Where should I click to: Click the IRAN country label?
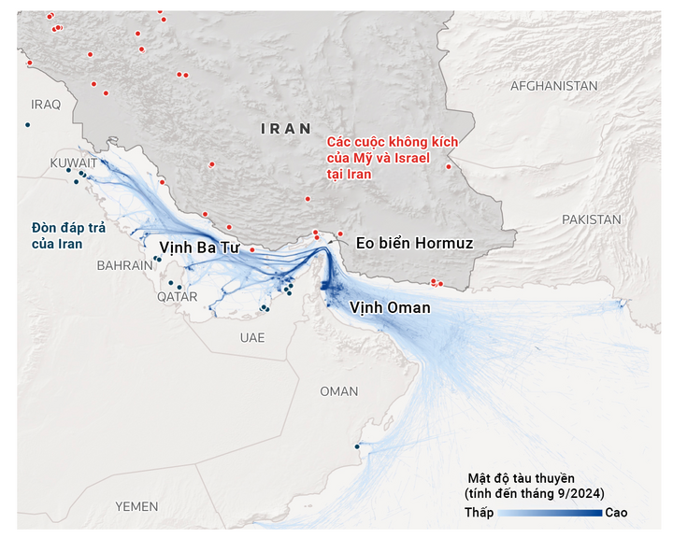[x=286, y=129]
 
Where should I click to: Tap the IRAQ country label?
[x=46, y=104]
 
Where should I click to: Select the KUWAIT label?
[x=74, y=163]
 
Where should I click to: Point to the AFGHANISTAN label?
[x=553, y=86]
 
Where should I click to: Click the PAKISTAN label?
[x=591, y=219]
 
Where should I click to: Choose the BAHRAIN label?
[x=124, y=265]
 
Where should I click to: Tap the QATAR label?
[x=178, y=296]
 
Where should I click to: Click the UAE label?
[x=251, y=337]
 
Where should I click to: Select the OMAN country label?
[x=338, y=391]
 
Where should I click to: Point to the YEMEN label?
[x=136, y=505]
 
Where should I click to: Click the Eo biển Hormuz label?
[x=414, y=244]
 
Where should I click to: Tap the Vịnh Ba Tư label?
[x=199, y=248]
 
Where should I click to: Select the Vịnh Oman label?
[x=390, y=307]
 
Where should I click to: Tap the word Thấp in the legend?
[x=479, y=513]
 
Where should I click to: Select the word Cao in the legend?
[x=616, y=513]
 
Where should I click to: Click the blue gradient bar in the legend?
[x=549, y=513]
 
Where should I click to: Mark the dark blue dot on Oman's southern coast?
[x=357, y=446]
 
